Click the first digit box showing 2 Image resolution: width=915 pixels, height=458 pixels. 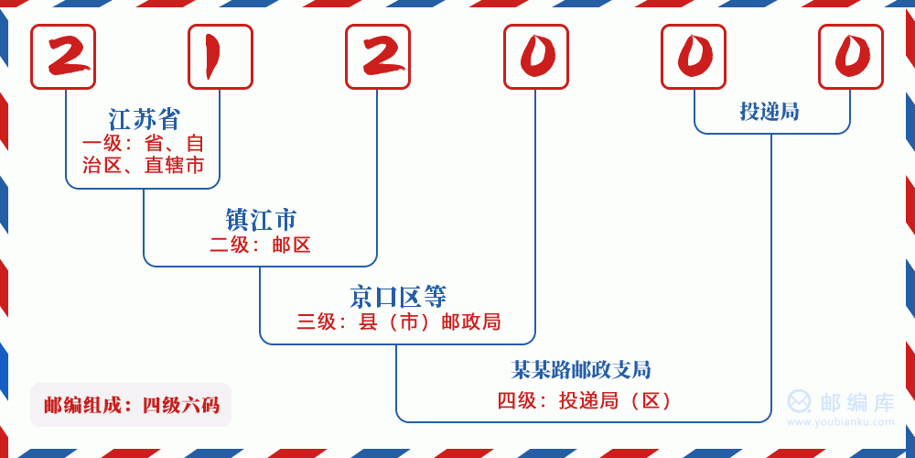[x=63, y=57]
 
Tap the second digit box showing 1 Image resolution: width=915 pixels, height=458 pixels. [x=221, y=57]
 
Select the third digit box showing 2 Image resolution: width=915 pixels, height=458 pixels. [x=378, y=57]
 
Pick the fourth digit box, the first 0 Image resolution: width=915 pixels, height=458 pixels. [x=536, y=57]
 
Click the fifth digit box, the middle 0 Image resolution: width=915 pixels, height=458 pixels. [x=694, y=57]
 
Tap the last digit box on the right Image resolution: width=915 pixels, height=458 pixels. [x=851, y=57]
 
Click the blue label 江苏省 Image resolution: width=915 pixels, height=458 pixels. [x=144, y=119]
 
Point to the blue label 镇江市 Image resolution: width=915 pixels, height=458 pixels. [x=261, y=220]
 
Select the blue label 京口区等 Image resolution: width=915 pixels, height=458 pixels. [x=398, y=297]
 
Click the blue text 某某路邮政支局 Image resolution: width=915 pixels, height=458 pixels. [x=581, y=370]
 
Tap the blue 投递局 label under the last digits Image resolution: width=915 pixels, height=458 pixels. [x=770, y=112]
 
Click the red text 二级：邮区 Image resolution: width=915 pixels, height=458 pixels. [x=261, y=245]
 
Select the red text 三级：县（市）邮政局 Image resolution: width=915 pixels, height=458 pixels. [x=399, y=322]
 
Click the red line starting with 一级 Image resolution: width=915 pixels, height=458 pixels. [x=144, y=144]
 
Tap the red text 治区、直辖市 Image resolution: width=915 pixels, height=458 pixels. [x=144, y=166]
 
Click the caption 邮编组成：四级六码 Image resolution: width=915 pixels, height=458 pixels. [x=131, y=405]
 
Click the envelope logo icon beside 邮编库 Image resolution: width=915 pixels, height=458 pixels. [x=800, y=402]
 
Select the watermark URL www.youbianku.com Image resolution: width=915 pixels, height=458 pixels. [x=841, y=422]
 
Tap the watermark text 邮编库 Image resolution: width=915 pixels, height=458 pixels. [x=857, y=402]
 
